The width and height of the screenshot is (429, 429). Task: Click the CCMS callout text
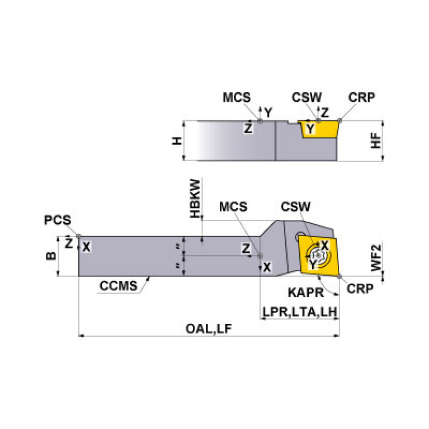118,287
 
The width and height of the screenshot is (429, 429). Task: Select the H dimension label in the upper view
177,141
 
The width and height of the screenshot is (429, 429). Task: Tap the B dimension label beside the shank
50,256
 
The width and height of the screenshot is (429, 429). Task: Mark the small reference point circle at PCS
79,236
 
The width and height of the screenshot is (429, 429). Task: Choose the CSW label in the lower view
295,207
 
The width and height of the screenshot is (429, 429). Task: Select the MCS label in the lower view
233,207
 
